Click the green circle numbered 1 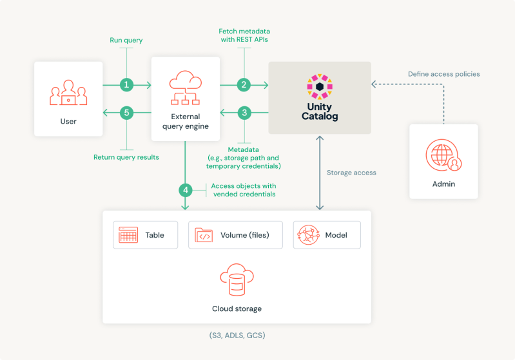coord(127,84)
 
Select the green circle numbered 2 coord(244,84)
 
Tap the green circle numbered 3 coord(244,113)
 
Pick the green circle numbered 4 coord(186,190)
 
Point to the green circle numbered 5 coord(127,113)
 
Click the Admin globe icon coord(443,156)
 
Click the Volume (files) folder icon coord(204,236)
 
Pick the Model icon coord(308,236)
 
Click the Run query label coord(126,41)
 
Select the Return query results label coord(126,156)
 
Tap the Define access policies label coord(443,74)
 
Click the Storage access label coord(351,173)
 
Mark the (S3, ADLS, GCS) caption coord(237,336)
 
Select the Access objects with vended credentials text coord(243,190)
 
